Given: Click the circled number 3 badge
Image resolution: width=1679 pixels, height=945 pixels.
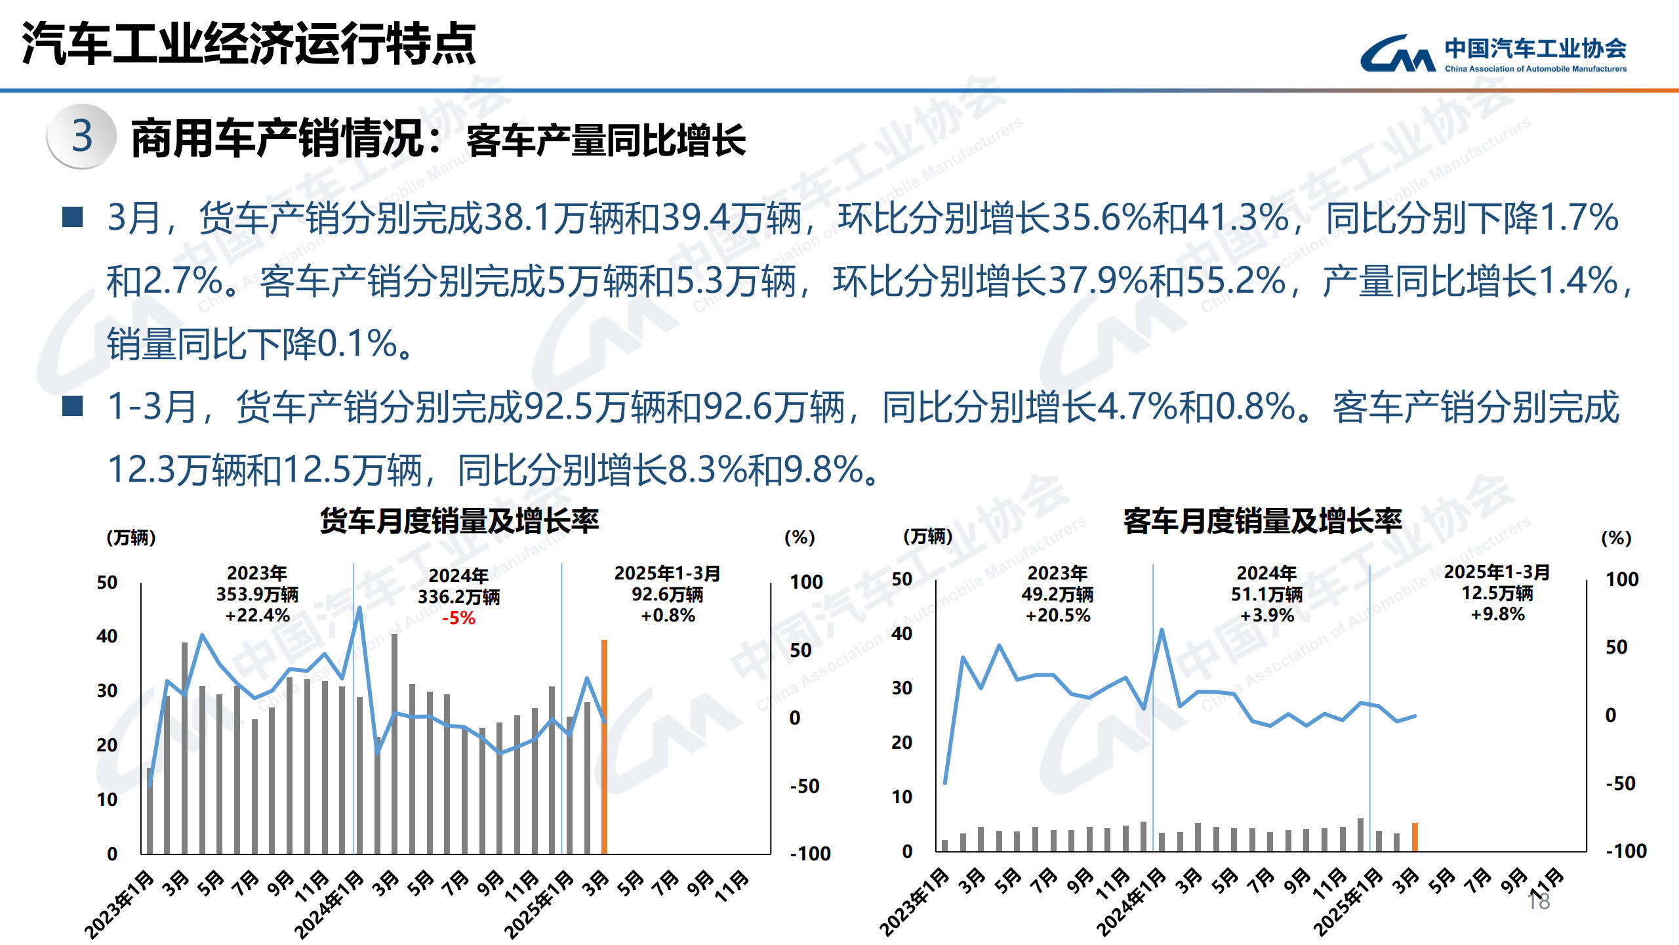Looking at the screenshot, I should pos(82,136).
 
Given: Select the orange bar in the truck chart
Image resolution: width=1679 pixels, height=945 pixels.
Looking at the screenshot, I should pos(604,746).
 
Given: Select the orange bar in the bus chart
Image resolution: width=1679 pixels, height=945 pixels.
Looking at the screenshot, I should pos(1415,837).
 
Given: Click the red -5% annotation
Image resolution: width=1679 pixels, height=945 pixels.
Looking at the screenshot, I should pos(458,618).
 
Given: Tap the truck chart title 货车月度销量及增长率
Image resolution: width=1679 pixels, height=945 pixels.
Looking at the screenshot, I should pos(459,521).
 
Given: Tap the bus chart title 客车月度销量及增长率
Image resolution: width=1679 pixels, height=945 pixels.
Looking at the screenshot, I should pos(1263,521).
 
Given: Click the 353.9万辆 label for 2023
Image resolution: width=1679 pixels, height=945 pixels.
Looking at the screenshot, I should pos(257,595).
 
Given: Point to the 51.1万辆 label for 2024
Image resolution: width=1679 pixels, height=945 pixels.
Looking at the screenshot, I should pos(1266,595).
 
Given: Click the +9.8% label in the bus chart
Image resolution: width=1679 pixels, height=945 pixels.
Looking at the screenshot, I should pos(1497,614).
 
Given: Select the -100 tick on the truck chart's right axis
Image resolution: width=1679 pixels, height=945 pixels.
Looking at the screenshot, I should pos(810,854).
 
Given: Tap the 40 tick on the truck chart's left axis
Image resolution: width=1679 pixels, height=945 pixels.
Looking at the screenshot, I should pos(107,636).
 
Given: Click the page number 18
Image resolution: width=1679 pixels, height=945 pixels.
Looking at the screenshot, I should pos(1539,902).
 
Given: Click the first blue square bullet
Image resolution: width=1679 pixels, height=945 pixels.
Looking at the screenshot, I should pos(72,217).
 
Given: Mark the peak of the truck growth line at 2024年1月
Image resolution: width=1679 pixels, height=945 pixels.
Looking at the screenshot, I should pos(359,608).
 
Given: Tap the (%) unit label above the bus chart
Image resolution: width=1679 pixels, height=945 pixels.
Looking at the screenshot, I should pos(1616,538).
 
